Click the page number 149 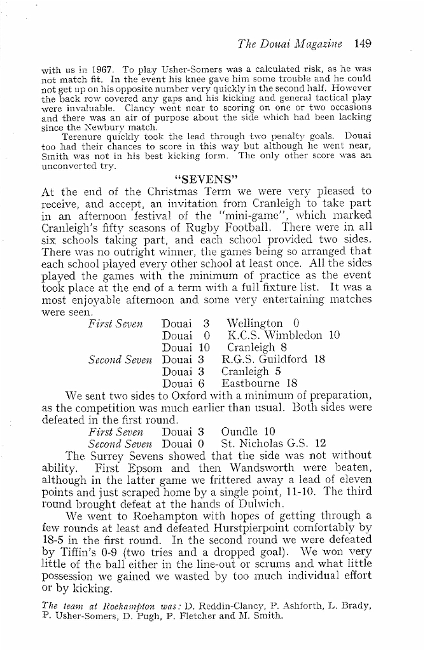coord(360,44)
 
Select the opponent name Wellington coord(255,323)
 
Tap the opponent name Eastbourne coord(251,383)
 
